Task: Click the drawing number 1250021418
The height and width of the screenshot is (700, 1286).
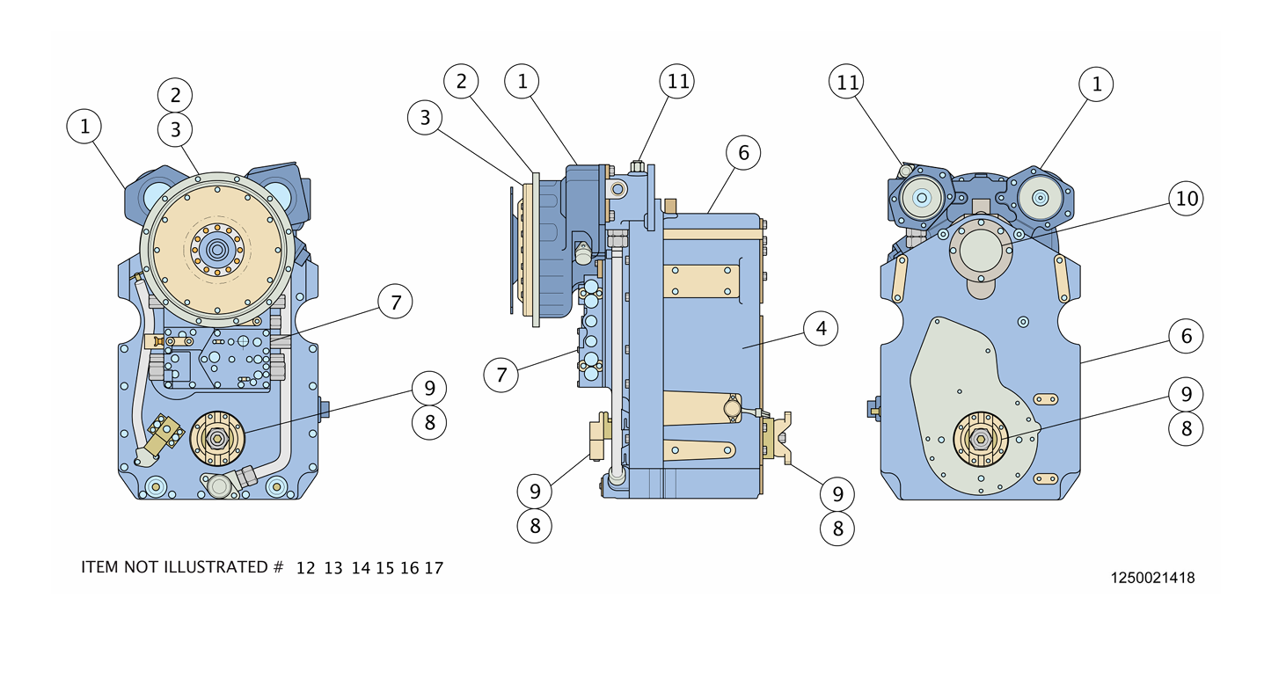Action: coord(1152,578)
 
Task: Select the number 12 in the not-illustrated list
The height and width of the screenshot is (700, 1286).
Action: coord(305,568)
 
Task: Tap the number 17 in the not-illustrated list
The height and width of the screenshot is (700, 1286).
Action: coord(434,568)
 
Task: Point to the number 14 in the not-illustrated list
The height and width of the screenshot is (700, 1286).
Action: coord(361,568)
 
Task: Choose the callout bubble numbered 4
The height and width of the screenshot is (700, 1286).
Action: coord(821,329)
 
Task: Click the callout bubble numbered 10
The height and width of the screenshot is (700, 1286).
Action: coord(1187,199)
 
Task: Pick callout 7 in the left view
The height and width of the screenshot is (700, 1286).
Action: coord(396,303)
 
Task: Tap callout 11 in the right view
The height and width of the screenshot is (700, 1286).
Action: coord(847,83)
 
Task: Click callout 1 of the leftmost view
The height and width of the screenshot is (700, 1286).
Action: coord(84,127)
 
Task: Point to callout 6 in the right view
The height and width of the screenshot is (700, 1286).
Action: coord(1186,336)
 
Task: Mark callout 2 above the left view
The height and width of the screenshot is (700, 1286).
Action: coord(175,95)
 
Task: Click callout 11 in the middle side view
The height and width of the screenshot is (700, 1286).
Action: coord(676,82)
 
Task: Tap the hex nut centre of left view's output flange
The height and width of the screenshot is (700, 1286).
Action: coord(216,437)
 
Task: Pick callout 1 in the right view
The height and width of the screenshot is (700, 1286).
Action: coord(1096,84)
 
